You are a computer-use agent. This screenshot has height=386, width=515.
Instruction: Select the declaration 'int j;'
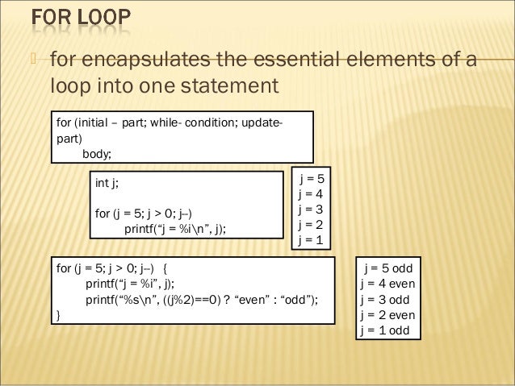pyautogui.click(x=107, y=183)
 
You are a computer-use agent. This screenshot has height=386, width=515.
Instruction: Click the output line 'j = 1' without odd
pyautogui.click(x=310, y=239)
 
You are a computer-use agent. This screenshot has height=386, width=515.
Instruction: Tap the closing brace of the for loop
pyautogui.click(x=57, y=315)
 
